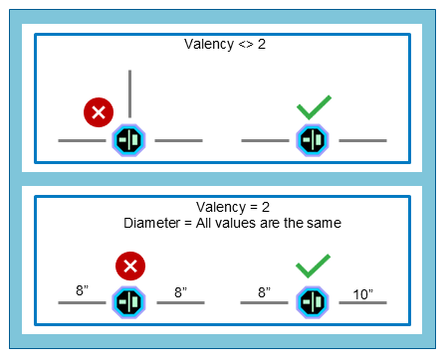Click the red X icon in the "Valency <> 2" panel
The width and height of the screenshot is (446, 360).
(98, 112)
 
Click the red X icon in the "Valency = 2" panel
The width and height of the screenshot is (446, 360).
(129, 267)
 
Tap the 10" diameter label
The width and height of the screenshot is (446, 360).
(363, 293)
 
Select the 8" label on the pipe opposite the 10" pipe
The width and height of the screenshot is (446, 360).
(266, 291)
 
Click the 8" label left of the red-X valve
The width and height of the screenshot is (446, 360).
(84, 291)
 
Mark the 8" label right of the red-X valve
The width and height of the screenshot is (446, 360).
(181, 293)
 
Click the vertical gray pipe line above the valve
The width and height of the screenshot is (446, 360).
(130, 94)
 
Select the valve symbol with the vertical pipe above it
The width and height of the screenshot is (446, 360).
(130, 140)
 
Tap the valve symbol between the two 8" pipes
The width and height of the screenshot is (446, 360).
(130, 300)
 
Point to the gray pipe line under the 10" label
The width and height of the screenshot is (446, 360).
(363, 301)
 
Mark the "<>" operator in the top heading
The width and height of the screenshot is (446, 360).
(237, 45)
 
